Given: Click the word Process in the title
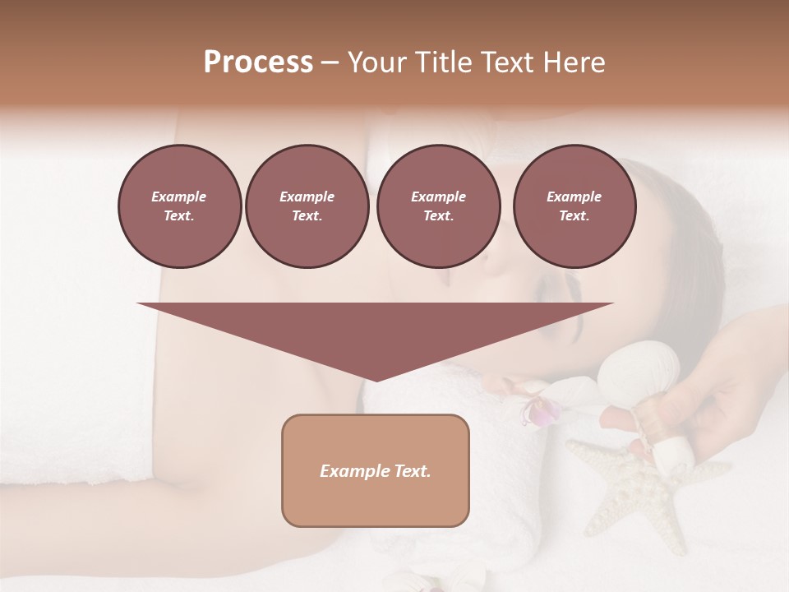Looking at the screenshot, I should pos(258,62).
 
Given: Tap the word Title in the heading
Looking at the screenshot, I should pos(443,62).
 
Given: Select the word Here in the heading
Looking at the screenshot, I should pos(574,62).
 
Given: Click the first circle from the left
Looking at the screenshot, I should pos(179,206).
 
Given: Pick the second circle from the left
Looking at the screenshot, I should pos(307,206).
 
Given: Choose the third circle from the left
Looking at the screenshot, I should pos(438,206).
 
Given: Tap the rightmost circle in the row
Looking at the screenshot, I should pos(574,206).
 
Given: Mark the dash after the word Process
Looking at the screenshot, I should pos(330,63).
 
